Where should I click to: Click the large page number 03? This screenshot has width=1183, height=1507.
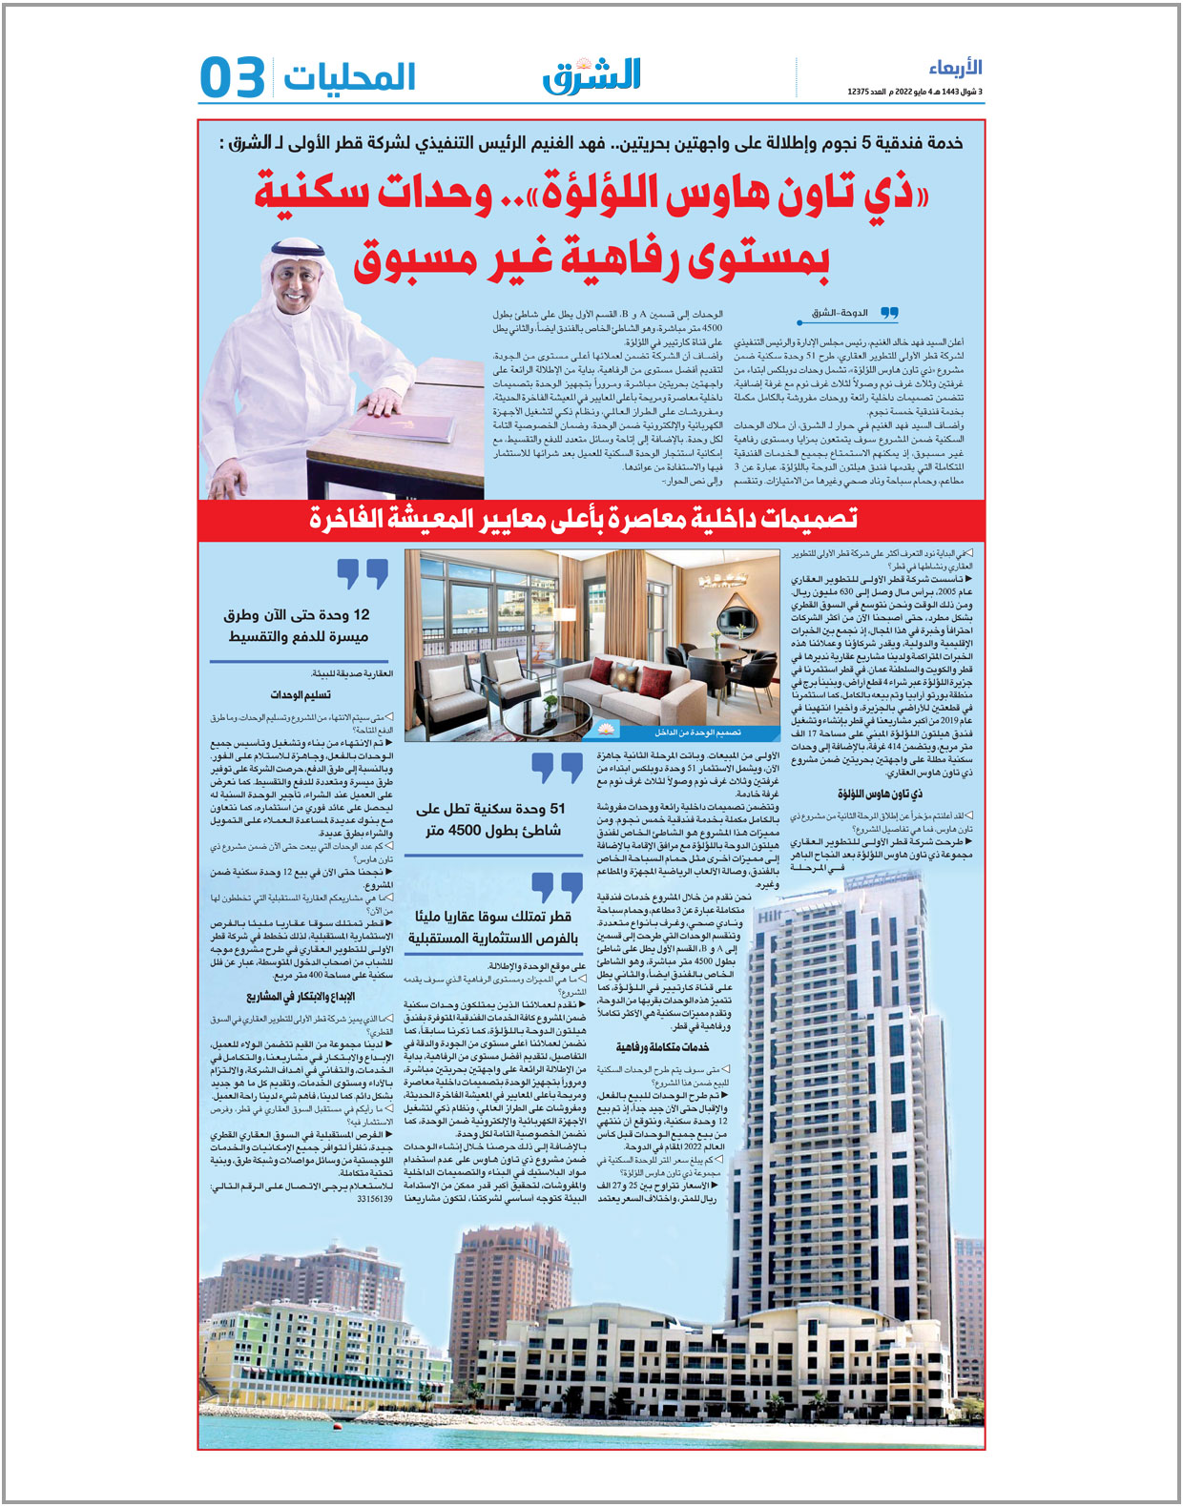[x=232, y=77]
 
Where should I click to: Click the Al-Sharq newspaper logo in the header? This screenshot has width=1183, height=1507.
[x=592, y=75]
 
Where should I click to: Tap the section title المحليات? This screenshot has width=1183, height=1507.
[x=349, y=77]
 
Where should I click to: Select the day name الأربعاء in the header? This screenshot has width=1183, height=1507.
[x=955, y=68]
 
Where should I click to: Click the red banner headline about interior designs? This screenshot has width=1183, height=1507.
[x=583, y=518]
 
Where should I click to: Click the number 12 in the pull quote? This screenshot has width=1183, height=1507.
[x=361, y=615]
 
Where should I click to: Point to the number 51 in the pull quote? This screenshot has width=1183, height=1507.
[x=557, y=809]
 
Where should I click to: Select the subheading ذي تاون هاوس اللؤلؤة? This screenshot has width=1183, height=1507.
[x=880, y=794]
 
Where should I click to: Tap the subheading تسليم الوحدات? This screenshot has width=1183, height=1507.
[x=301, y=694]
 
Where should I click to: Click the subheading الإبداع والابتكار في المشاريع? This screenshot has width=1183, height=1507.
[x=301, y=997]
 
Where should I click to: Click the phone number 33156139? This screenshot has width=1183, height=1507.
[x=374, y=1199]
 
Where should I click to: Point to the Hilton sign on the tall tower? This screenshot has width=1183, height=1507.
[x=769, y=916]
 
